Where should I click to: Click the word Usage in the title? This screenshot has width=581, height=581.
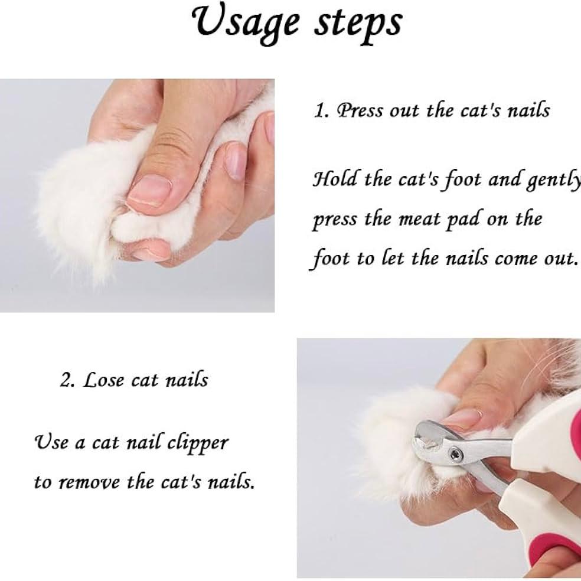click(246, 24)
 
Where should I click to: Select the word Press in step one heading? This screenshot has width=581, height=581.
click(360, 110)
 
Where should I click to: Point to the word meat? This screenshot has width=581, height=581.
click(419, 219)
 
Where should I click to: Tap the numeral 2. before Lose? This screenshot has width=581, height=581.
click(68, 380)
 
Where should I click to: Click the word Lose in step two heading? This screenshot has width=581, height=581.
click(103, 380)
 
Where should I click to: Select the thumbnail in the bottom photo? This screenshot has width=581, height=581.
click(462, 419)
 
